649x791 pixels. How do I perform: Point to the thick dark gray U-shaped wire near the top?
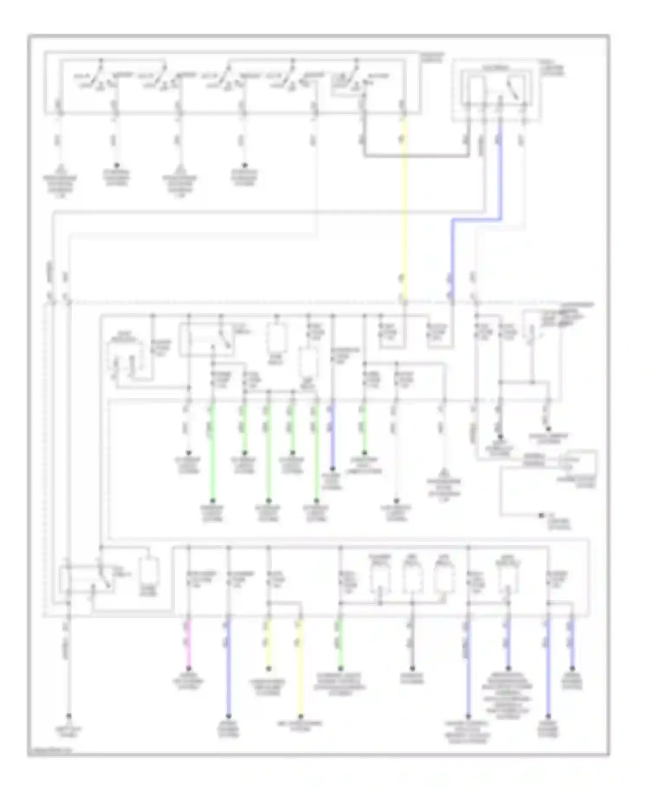(x=415, y=154)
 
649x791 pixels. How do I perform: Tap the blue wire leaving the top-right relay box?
(x=501, y=173)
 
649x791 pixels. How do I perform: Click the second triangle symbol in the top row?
(x=179, y=169)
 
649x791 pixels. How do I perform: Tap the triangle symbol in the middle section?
(x=444, y=472)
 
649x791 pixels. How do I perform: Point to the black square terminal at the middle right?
(x=541, y=515)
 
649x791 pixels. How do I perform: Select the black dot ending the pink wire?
(x=189, y=669)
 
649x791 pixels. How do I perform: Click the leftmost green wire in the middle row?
(x=212, y=454)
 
